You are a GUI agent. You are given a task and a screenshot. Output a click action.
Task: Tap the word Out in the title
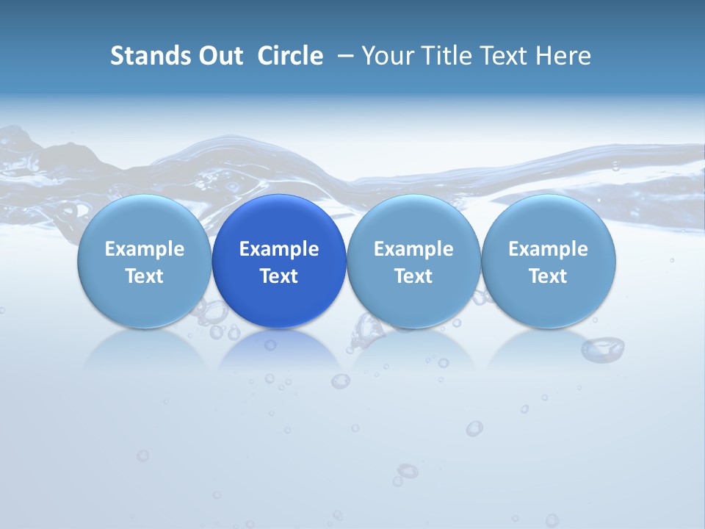(x=219, y=56)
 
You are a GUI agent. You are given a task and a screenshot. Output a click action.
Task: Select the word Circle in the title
(x=290, y=56)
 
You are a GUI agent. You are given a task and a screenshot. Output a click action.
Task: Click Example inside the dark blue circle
(x=279, y=249)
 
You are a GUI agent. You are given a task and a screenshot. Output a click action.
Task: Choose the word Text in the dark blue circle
(x=279, y=276)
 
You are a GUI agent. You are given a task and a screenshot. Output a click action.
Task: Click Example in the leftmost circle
(x=145, y=249)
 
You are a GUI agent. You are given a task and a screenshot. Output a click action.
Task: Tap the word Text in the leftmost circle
(x=145, y=276)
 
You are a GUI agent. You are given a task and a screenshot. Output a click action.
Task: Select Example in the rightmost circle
(x=548, y=249)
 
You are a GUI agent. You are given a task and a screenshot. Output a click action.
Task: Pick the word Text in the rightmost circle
(x=548, y=276)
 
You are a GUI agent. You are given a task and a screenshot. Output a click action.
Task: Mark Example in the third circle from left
(x=413, y=249)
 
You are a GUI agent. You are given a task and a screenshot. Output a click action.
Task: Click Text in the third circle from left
(x=413, y=276)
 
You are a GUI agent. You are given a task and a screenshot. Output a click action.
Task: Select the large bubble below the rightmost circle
(x=603, y=348)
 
